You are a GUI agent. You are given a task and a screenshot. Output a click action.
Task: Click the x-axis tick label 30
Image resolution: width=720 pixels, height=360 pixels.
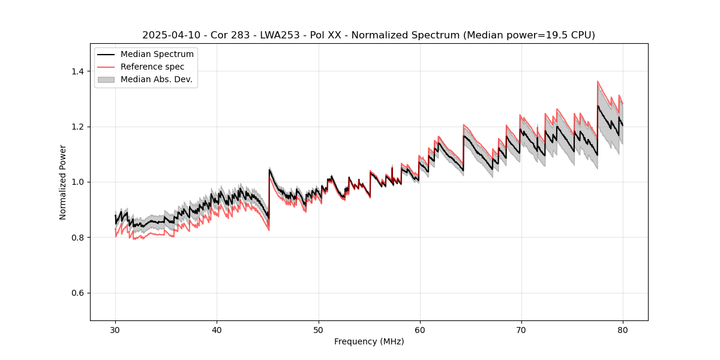tap(115, 330)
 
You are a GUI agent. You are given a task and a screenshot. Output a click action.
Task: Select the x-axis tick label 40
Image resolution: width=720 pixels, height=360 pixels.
tap(217, 330)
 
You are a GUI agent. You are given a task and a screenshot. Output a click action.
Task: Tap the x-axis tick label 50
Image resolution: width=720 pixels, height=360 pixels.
tap(318, 330)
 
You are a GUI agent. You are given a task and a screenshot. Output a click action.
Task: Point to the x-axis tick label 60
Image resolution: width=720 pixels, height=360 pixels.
tap(419, 330)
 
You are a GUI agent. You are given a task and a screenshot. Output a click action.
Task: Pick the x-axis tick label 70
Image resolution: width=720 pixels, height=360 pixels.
tap(521, 330)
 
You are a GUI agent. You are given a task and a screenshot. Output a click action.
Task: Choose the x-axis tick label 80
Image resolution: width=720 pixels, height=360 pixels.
tap(622, 330)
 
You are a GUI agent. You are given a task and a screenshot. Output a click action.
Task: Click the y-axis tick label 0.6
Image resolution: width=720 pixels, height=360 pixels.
tap(78, 293)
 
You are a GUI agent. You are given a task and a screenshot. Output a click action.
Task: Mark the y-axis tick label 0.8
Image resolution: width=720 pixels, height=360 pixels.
tap(78, 238)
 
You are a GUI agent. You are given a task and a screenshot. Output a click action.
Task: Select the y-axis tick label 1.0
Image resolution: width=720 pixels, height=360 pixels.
tap(78, 182)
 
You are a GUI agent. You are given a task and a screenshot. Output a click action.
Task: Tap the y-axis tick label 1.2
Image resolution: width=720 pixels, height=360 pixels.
tap(78, 127)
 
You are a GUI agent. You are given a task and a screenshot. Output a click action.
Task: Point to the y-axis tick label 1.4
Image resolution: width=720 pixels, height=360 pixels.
tap(78, 71)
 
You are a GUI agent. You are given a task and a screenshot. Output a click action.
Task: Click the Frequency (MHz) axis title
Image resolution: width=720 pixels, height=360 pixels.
tap(369, 341)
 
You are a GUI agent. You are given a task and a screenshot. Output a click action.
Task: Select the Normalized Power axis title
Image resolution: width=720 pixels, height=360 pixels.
tap(63, 182)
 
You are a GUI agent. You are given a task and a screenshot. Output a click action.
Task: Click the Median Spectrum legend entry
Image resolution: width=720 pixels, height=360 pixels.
tap(157, 55)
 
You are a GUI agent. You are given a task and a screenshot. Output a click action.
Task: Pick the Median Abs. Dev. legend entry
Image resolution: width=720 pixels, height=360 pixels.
tap(156, 79)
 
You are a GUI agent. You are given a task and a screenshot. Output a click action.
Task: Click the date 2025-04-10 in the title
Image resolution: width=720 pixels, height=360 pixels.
tap(171, 35)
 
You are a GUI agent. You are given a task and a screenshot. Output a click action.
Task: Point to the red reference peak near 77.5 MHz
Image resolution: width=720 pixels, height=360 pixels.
tap(598, 81)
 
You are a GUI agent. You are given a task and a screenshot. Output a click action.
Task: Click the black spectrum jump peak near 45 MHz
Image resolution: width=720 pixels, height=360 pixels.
tap(269, 169)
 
